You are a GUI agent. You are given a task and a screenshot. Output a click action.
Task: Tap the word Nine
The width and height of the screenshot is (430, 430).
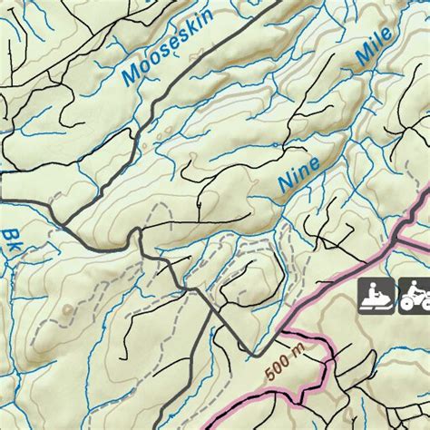pyautogui.click(x=300, y=171)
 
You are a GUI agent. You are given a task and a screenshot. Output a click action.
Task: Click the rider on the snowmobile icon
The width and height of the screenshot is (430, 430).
pyautogui.click(x=371, y=288)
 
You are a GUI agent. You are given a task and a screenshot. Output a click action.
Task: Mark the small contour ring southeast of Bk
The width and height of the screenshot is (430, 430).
pyautogui.click(x=68, y=308)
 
